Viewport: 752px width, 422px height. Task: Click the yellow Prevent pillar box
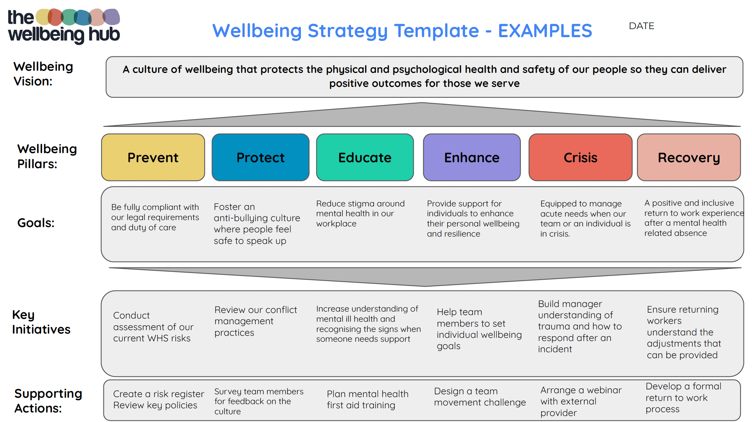pos(153,157)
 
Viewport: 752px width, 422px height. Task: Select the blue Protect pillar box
pos(260,157)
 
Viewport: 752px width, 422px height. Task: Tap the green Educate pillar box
pos(365,157)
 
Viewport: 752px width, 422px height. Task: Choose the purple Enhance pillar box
pos(472,157)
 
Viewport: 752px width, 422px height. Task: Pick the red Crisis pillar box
pos(580,157)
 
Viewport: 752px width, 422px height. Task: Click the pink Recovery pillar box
pos(689,157)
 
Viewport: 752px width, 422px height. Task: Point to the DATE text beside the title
pos(642,26)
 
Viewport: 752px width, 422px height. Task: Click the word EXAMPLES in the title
pos(545,31)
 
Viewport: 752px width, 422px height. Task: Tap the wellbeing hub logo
pos(64,27)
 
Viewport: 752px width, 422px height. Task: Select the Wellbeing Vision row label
pos(43,74)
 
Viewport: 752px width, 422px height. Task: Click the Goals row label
pos(36,223)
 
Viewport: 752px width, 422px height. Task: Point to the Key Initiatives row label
pos(41,322)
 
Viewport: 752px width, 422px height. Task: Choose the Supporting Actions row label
pos(48,401)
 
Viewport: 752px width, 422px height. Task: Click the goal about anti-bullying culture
pos(257,224)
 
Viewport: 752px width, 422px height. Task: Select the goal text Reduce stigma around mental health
pos(360,213)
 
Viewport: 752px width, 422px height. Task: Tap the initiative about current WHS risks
pos(153,327)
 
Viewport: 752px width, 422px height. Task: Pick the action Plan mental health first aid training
pos(367,400)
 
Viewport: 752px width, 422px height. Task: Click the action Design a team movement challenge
pos(479,397)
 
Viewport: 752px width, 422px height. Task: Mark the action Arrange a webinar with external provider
pos(580,401)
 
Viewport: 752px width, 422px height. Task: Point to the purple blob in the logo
pos(112,16)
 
